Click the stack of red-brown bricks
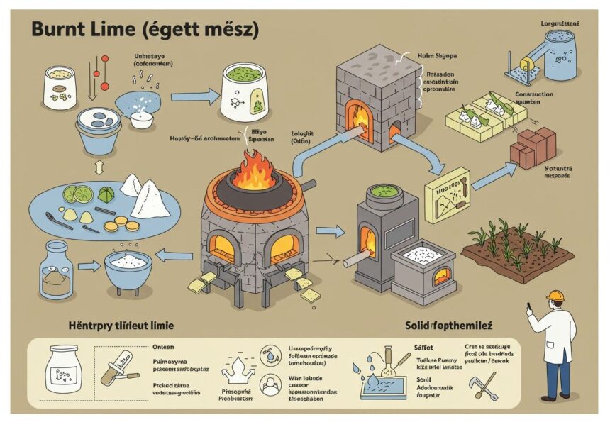click(534, 147)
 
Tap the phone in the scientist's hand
click(529, 308)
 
